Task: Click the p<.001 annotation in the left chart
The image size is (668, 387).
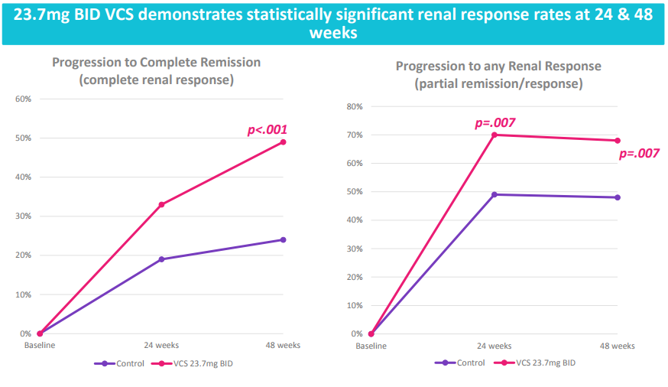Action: [267, 130]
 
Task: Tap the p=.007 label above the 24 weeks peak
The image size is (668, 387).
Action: [495, 123]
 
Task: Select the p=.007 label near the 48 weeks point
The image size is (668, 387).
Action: [638, 154]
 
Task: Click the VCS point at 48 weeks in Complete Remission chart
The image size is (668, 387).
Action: [283, 142]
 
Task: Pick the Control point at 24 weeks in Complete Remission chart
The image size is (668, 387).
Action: [161, 259]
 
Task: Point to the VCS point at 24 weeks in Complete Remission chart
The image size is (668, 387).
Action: [161, 204]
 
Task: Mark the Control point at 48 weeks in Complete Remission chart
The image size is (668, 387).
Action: [283, 239]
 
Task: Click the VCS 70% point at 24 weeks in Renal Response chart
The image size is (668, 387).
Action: [495, 135]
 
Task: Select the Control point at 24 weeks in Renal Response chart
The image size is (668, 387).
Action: [495, 194]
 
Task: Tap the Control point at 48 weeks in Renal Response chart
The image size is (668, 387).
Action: [618, 197]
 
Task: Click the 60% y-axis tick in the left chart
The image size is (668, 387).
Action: [23, 99]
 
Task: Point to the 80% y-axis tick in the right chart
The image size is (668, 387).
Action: [355, 106]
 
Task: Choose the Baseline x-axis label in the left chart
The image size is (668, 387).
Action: [40, 345]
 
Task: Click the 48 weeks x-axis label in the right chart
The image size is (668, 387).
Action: [618, 346]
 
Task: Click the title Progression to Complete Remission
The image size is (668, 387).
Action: [156, 62]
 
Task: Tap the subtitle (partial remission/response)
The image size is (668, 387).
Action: [498, 83]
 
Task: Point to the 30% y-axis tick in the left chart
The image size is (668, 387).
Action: [23, 216]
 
